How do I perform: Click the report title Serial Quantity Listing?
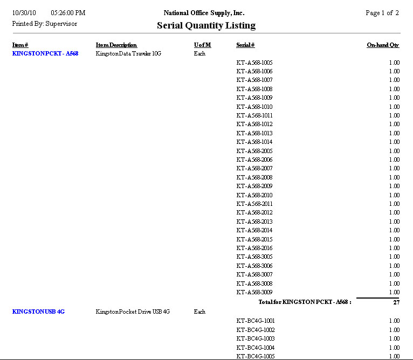coord(206,25)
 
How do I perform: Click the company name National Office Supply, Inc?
coord(204,13)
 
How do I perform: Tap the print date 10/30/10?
coord(24,13)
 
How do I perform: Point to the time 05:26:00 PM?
coord(68,13)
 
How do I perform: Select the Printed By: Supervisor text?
coord(44,24)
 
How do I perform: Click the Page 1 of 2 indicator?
coord(382,13)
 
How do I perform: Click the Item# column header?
coord(20,45)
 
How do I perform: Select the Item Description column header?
coord(116,45)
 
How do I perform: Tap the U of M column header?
coord(202,45)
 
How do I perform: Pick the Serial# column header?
coord(245,45)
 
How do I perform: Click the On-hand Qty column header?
coord(383,45)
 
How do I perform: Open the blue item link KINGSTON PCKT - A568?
coord(45,54)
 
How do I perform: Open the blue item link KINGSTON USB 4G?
coord(38,311)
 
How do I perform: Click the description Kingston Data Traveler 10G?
coord(128,54)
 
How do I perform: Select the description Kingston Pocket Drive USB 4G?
coord(133,311)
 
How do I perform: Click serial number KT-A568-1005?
coord(254,63)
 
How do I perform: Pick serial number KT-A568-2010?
coord(254,195)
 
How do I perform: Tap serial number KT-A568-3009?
coord(254,292)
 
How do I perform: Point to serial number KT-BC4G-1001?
coord(256,321)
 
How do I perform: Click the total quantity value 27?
coord(396,302)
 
